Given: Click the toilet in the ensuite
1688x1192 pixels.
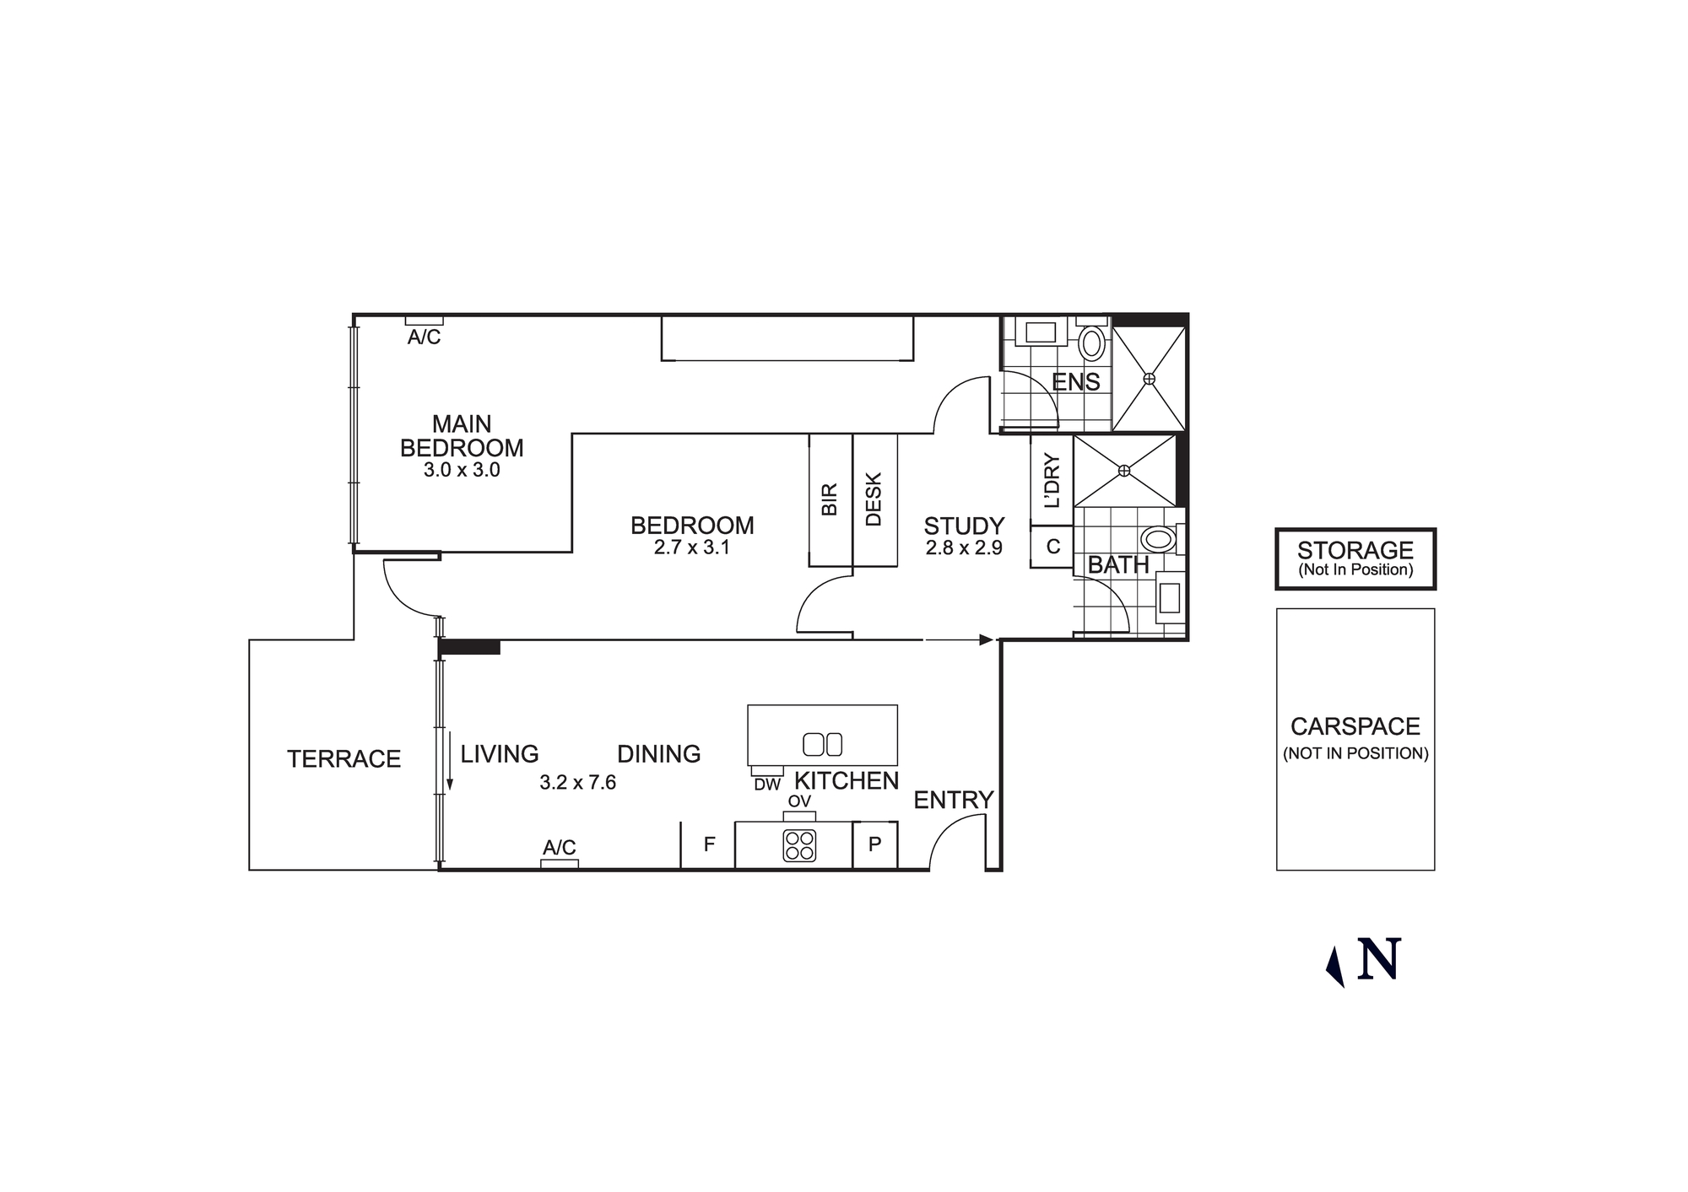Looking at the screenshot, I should (x=1092, y=343).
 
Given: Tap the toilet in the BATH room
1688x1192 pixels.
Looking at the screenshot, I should (x=1158, y=538).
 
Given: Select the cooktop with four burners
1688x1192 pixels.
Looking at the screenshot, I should (x=799, y=845).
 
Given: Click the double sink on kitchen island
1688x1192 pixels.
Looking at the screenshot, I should (x=822, y=744).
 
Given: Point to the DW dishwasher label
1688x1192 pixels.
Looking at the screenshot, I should (x=767, y=785).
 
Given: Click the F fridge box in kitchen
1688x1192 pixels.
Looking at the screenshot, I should (x=709, y=844).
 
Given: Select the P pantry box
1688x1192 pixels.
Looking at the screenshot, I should (x=874, y=844).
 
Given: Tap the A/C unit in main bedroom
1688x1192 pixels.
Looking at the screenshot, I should (x=424, y=321).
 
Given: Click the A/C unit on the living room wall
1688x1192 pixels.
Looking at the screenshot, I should (x=559, y=863).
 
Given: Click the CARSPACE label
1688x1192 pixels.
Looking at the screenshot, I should (x=1355, y=726).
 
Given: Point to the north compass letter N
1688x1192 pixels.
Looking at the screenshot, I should (x=1379, y=959).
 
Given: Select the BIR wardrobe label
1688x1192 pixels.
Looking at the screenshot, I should (x=830, y=499).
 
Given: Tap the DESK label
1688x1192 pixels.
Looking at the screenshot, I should (x=874, y=499).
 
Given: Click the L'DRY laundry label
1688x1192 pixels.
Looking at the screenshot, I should (x=1052, y=481).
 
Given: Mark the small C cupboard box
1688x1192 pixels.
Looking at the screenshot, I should (x=1052, y=547).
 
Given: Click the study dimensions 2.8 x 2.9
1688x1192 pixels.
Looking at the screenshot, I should (x=964, y=548).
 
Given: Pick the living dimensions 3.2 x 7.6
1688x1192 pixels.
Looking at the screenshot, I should (x=578, y=783).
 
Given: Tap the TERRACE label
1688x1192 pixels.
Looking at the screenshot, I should (x=344, y=759).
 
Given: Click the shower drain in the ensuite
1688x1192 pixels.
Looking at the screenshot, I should (x=1149, y=380).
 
